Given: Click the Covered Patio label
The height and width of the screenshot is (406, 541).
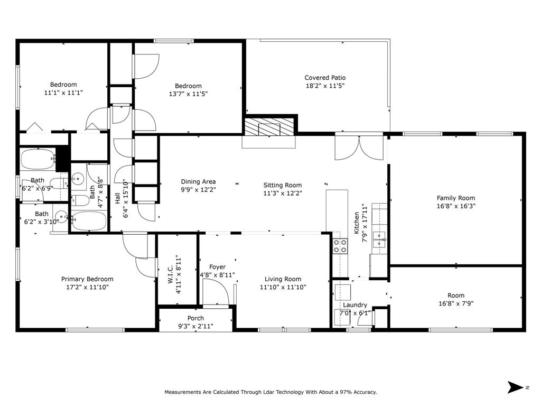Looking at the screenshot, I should click(325, 78).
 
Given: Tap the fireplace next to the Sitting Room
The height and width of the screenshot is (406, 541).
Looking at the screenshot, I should click(270, 127).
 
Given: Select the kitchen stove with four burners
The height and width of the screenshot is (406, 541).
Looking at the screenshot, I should click(340, 246).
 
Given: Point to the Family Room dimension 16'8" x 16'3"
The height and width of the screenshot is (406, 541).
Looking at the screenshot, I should click(456, 207).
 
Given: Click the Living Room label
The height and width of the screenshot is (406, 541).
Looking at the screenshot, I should click(283, 279).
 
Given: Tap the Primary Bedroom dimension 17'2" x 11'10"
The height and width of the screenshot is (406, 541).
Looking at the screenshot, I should click(87, 288).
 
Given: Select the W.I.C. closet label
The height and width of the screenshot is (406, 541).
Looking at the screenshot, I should click(171, 274).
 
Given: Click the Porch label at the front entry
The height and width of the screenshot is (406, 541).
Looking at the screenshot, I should click(195, 318).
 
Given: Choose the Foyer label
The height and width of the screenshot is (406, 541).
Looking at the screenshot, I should click(217, 267).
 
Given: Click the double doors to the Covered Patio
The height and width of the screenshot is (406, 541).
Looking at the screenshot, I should click(359, 147).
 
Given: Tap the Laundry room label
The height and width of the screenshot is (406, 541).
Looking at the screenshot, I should click(355, 305).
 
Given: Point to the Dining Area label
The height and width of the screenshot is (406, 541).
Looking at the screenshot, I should click(198, 182).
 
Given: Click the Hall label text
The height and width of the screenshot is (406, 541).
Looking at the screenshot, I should click(117, 198).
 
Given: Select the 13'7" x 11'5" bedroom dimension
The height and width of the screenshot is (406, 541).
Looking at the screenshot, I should click(188, 94).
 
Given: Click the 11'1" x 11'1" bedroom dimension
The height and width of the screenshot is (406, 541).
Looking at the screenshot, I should click(63, 93).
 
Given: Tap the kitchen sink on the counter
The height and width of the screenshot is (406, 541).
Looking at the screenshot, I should click(379, 239).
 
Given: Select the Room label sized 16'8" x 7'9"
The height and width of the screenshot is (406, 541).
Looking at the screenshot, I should click(456, 296).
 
